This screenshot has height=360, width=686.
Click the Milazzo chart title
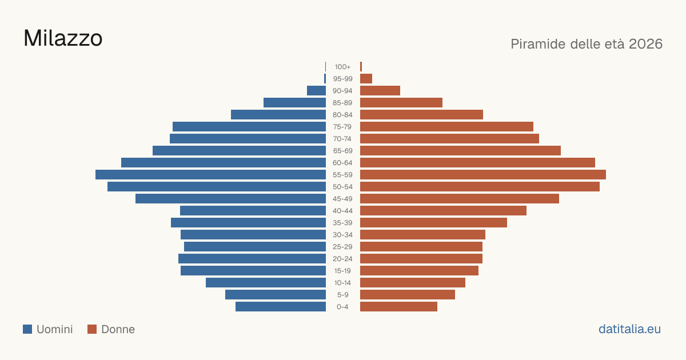[63, 38]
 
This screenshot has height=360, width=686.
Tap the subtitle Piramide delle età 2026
[587, 44]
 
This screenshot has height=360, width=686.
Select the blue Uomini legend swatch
[27, 329]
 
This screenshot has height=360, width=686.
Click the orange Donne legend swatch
[92, 329]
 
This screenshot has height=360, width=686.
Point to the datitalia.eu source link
[629, 329]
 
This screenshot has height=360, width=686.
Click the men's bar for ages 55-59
[211, 174]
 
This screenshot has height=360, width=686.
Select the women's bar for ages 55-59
[483, 174]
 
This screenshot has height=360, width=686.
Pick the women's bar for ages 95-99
[366, 79]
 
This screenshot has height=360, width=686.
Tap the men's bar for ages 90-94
[316, 91]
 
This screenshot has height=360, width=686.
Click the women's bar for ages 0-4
[399, 307]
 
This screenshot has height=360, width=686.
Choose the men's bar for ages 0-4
[281, 307]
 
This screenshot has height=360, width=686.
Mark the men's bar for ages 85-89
[294, 102]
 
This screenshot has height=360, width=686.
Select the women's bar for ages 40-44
[443, 211]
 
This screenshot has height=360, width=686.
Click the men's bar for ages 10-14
[266, 282]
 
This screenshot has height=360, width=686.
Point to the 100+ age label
[342, 67]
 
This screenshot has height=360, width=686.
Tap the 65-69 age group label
[342, 151]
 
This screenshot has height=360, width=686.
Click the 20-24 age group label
[342, 259]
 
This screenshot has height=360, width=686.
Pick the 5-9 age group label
[342, 295]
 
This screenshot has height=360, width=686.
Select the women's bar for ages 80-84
[421, 114]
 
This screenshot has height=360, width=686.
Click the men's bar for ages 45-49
[230, 199]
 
